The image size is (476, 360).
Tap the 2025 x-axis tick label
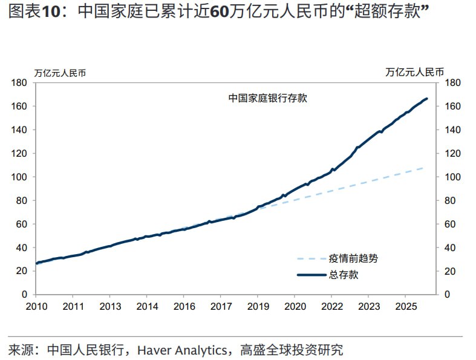[x=405, y=306]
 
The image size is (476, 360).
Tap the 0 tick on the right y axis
[x=448, y=295]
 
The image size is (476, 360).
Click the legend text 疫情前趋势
[x=353, y=259]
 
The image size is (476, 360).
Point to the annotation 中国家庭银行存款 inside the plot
[x=267, y=98]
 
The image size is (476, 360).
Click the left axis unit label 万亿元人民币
[x=59, y=73]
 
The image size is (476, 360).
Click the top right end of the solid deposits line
[x=426, y=99]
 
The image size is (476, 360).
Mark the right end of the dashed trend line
[x=423, y=168]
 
